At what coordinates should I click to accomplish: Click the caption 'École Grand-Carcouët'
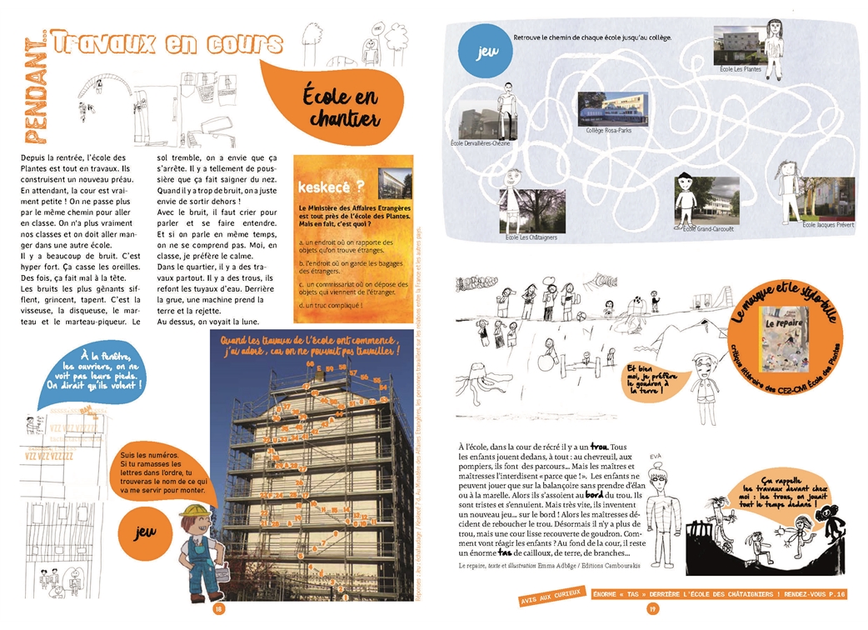pos(709,230)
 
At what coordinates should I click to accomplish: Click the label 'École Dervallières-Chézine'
pos(481,143)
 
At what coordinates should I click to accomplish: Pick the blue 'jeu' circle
pos(481,52)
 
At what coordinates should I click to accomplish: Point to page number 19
pos(653,609)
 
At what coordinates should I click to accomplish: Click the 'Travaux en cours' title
pos(167,43)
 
